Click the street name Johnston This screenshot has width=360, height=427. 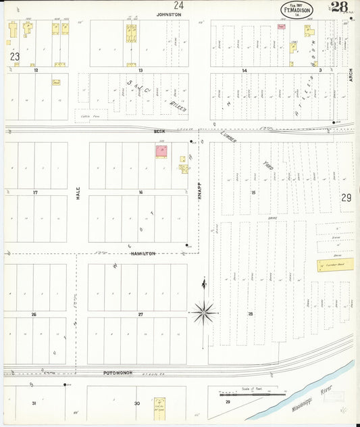click(x=169, y=14)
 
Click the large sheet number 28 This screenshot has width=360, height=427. click(x=340, y=7)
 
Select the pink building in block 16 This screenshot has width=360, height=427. click(x=162, y=151)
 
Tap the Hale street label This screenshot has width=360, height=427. click(x=78, y=193)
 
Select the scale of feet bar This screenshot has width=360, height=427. click(x=248, y=394)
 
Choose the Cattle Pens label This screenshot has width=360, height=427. click(x=86, y=116)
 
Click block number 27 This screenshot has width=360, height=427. click(x=140, y=315)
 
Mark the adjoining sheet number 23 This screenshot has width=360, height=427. click(x=14, y=57)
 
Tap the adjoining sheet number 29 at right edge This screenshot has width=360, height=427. click(x=346, y=198)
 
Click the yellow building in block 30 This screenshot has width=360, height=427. click(x=159, y=407)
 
